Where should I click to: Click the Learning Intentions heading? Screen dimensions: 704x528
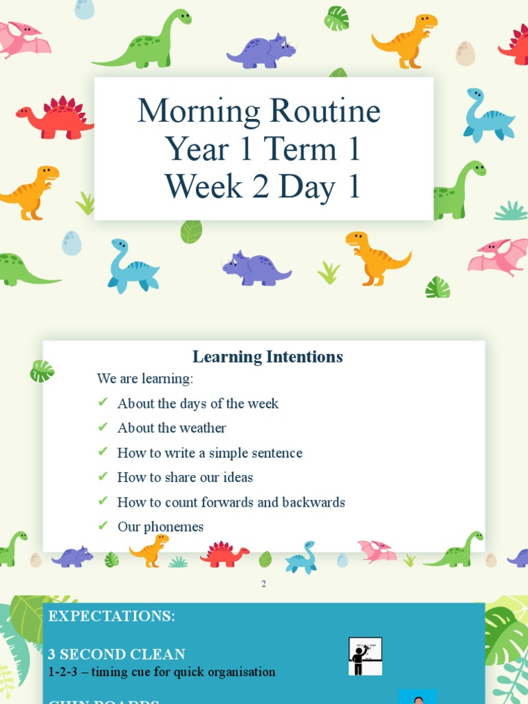click(x=267, y=357)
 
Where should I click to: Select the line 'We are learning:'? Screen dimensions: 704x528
click(x=145, y=379)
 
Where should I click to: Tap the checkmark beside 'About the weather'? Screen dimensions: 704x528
click(x=103, y=427)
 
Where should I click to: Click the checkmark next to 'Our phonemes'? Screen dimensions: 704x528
click(x=103, y=526)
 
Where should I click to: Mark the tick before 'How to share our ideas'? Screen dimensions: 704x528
click(x=103, y=476)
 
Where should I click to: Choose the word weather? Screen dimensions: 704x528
click(x=201, y=428)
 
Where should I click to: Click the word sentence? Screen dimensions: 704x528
click(x=275, y=453)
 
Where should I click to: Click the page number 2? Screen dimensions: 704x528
click(x=263, y=584)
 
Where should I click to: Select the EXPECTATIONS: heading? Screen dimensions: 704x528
click(x=111, y=617)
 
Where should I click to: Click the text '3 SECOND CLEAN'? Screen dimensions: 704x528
click(x=117, y=654)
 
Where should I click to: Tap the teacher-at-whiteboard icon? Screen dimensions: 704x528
click(x=365, y=656)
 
